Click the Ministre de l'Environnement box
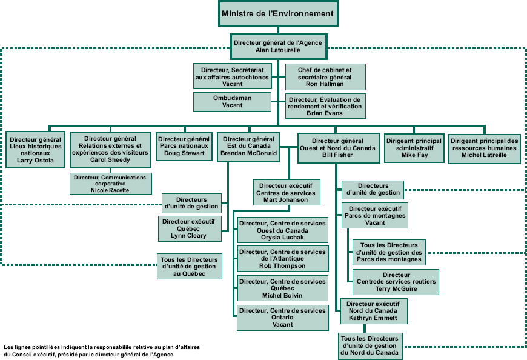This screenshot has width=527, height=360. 278,13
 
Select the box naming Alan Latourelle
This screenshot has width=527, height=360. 279,47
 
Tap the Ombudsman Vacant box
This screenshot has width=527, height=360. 232,101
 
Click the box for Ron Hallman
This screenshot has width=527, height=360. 325,77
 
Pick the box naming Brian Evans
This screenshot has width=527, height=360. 325,106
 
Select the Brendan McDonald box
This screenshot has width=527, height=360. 248,146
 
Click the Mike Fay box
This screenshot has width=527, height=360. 414,147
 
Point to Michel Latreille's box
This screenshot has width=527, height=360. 484,147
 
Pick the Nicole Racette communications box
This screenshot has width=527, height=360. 110,184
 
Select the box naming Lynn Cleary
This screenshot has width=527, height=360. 188,228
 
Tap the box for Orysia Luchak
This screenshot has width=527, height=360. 282,230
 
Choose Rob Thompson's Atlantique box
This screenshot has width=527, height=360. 282,259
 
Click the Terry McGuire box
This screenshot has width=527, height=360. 396,282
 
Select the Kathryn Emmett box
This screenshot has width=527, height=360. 373,311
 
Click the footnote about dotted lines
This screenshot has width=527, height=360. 101,350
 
